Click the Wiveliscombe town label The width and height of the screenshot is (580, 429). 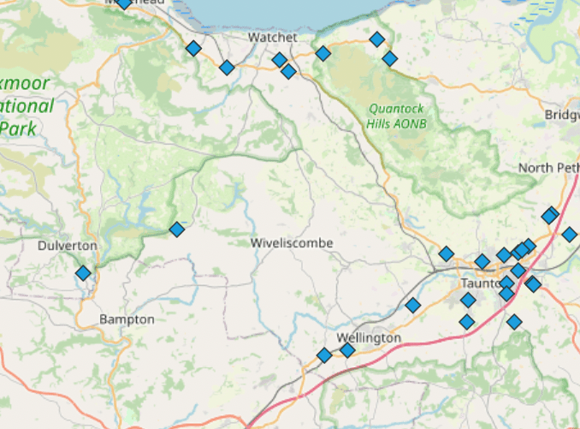click(x=292, y=243)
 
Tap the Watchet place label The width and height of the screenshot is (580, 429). click(x=272, y=38)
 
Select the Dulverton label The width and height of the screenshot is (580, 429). click(x=67, y=246)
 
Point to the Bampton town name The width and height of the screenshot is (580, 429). click(x=127, y=319)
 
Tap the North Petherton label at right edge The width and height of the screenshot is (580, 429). click(x=548, y=168)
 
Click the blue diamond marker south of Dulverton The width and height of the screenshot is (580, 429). click(x=83, y=273)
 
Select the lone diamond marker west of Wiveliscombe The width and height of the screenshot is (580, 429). click(x=176, y=229)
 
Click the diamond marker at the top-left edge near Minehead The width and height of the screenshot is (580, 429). click(x=124, y=3)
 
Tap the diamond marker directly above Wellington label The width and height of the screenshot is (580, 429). click(x=347, y=349)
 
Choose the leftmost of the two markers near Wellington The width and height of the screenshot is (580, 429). click(x=323, y=355)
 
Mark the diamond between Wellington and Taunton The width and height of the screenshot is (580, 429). click(x=413, y=305)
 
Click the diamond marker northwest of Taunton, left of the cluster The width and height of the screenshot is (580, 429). click(x=446, y=253)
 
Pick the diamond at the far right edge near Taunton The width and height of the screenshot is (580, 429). click(x=569, y=234)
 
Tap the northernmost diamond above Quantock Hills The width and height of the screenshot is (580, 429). click(x=376, y=39)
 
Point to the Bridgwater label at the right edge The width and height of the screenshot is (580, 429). click(x=561, y=115)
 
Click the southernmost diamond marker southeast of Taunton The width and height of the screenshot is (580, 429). click(x=513, y=322)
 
